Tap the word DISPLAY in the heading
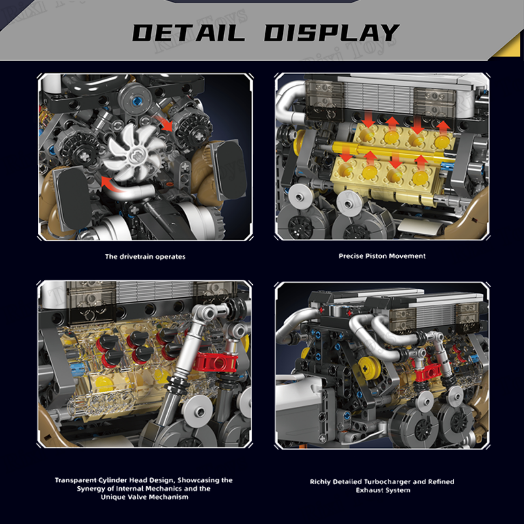[x=332, y=33]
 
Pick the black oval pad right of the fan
[x=229, y=170]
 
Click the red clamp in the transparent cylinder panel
[x=217, y=361]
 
